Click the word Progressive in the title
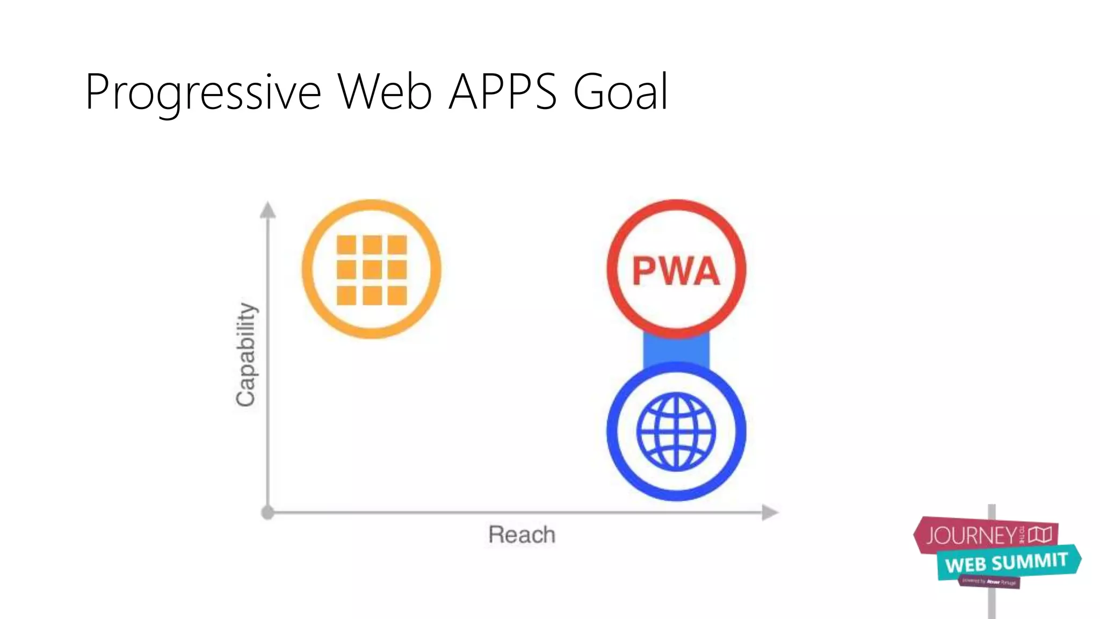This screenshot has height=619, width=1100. click(x=203, y=92)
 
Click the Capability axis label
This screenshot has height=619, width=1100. click(x=246, y=354)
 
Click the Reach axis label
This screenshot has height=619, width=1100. click(x=522, y=535)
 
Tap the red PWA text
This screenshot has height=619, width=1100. click(x=676, y=271)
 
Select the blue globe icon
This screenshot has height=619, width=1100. click(x=676, y=431)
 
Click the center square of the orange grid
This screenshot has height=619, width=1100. click(x=372, y=270)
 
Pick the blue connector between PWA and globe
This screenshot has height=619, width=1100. click(x=676, y=350)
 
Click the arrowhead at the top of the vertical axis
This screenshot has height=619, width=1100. click(x=267, y=210)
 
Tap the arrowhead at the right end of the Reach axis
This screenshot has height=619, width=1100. click(x=770, y=513)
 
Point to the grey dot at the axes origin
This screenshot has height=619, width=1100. click(x=267, y=513)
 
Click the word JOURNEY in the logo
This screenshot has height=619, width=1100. click(x=971, y=536)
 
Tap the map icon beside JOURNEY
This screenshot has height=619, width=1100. click(x=1040, y=535)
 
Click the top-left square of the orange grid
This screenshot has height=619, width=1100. click(x=346, y=244)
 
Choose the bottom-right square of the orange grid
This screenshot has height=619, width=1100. click(x=397, y=296)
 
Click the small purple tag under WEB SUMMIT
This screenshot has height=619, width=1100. click(x=989, y=582)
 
